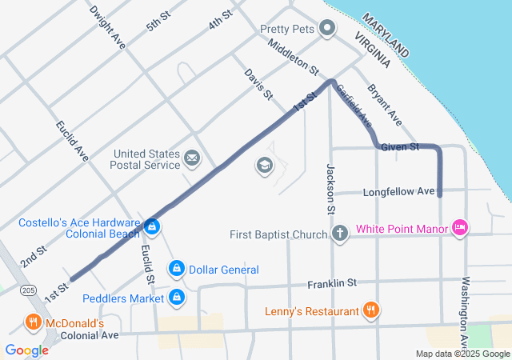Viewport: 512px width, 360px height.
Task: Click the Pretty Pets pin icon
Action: click(326, 29)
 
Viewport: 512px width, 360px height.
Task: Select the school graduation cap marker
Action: click(263, 166)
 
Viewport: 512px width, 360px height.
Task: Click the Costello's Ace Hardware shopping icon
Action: click(151, 227)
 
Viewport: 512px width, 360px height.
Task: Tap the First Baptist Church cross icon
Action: click(340, 234)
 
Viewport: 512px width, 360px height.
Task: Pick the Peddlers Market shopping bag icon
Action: click(176, 298)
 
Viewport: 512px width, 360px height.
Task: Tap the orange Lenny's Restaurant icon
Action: click(370, 310)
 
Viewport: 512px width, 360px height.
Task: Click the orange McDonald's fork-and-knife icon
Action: click(33, 323)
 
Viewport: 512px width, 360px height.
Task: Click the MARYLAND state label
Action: click(386, 34)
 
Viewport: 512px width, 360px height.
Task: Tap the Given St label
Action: click(400, 147)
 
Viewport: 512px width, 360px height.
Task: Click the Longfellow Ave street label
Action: click(398, 192)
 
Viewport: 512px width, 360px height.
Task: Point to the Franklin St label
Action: click(332, 283)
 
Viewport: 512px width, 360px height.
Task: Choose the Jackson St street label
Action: click(329, 189)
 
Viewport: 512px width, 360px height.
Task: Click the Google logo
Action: click(26, 350)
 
